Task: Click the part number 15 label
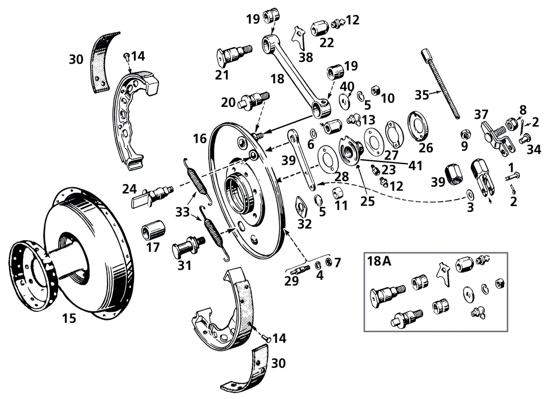(x=69, y=318)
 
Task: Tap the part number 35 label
(x=422, y=95)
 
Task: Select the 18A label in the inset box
(x=379, y=262)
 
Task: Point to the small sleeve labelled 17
(x=153, y=230)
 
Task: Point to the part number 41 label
(x=416, y=166)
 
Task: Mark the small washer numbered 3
(x=470, y=195)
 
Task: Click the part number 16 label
(x=200, y=138)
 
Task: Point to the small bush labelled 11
(x=338, y=193)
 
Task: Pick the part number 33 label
(x=183, y=212)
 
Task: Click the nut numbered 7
(x=329, y=262)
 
